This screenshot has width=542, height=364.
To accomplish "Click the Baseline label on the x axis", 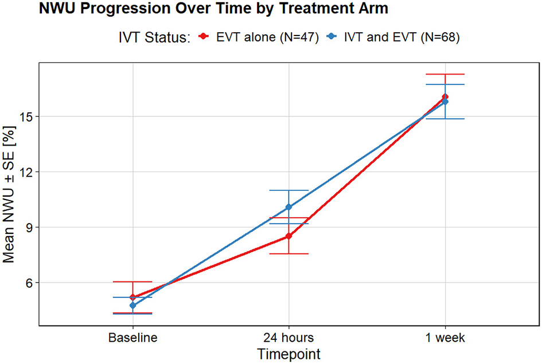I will pos(132,338).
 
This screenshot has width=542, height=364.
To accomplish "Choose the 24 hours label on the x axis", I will pos(288,338).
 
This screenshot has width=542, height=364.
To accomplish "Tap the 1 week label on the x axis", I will pos(444,338).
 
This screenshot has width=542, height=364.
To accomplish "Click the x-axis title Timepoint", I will pos(288,353).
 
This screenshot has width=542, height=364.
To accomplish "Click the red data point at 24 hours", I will pos(288,236).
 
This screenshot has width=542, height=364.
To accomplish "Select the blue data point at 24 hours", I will pos(288,207).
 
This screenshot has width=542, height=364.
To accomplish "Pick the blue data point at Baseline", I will pos(132,306).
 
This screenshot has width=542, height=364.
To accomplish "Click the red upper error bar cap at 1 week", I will pos(444,74).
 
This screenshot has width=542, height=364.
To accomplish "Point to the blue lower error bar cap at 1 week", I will pos(444,119).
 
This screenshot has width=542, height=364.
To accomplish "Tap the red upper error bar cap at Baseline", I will pos(132,281).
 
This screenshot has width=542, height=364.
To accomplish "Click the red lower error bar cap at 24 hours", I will pos(288,253).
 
